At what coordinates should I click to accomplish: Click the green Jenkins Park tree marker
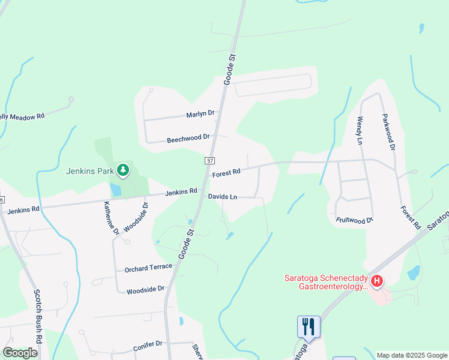pos(123,170)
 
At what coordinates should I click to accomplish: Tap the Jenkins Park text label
pos(91,171)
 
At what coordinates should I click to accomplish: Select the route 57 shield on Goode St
pos(209,161)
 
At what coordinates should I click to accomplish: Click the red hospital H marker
pos(377,280)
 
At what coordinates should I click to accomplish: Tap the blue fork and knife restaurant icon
pos(309,326)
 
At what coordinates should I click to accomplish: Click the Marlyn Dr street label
pos(200,113)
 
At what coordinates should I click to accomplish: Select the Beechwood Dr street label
pos(188,138)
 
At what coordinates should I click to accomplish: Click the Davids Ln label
pos(223,197)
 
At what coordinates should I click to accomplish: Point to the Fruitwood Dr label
pos(355,220)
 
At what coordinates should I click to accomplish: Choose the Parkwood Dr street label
pos(388,131)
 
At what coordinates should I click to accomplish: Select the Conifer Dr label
pos(148,344)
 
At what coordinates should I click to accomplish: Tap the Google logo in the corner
pos(20,353)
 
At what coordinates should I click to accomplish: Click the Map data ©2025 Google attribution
pos(412,355)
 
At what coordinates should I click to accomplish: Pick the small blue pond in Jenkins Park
pos(115,190)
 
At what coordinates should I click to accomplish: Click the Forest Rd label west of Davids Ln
pos(226,173)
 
